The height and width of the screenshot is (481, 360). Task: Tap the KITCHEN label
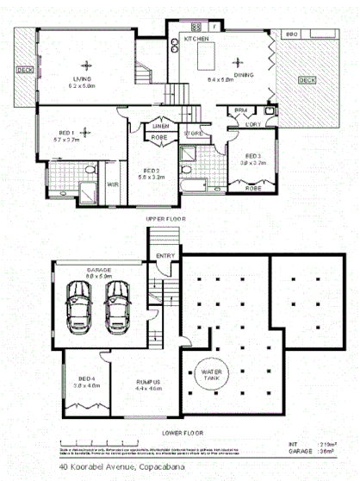coord(194,39)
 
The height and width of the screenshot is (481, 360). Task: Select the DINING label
coord(245,78)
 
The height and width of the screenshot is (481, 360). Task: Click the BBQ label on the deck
coord(290,34)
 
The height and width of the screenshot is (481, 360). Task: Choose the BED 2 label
coord(152,170)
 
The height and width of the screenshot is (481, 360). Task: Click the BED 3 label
coord(253,154)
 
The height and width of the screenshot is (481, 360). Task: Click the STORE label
coord(193,134)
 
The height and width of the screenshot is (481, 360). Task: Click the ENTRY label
coord(164,255)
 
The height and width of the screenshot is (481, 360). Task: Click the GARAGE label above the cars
coord(98,271)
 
